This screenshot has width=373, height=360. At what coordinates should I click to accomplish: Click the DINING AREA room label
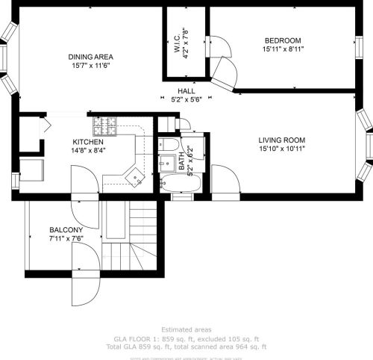[x=90, y=57]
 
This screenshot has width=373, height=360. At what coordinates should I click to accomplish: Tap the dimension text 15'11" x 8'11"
[x=282, y=50]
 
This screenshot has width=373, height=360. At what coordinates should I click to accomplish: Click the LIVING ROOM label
[x=282, y=140]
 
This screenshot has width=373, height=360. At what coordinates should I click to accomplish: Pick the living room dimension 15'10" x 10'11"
[x=282, y=149]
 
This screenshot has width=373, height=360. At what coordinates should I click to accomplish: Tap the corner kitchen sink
[x=134, y=177]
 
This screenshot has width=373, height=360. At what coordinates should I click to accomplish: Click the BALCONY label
[x=66, y=229]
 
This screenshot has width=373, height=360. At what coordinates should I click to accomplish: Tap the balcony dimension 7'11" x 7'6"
[x=66, y=238]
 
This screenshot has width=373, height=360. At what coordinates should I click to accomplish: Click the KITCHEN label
[x=88, y=141]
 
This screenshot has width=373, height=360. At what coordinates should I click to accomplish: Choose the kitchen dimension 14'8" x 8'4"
[x=88, y=150]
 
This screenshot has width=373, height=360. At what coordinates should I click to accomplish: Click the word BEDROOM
[x=282, y=40]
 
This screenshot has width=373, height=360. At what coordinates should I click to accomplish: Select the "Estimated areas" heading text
[x=186, y=329]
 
